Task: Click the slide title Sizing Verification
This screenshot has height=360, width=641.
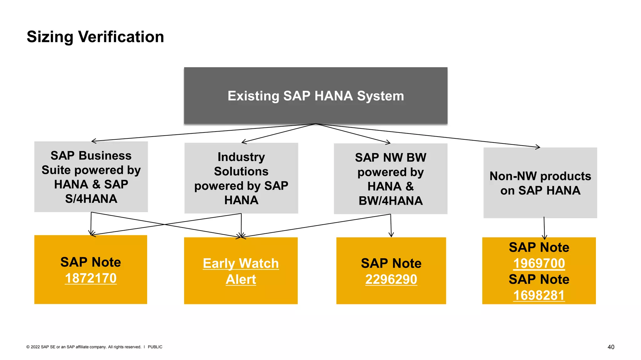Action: (95, 37)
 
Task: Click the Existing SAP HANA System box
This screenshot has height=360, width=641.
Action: (315, 96)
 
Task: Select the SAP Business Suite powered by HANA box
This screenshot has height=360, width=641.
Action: (91, 177)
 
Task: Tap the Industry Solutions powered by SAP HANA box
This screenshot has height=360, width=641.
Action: (241, 178)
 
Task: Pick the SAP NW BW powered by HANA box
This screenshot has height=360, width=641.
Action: (390, 179)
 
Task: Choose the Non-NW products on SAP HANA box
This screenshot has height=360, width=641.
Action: (540, 183)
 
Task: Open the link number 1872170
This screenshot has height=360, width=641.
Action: (91, 278)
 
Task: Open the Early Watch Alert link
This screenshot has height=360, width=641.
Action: (241, 271)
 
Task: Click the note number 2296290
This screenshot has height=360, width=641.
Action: (391, 279)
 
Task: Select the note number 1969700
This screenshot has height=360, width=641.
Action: (539, 263)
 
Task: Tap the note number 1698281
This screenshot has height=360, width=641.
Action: (539, 295)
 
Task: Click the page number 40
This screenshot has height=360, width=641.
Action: (611, 347)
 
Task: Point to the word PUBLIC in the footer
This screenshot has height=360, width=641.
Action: (155, 347)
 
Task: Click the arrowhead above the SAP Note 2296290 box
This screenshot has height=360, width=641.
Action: (391, 235)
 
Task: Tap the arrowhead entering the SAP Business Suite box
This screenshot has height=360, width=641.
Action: (94, 141)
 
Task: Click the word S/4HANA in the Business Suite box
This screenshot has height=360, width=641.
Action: (91, 199)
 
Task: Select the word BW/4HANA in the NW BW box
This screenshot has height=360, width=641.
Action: (391, 201)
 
